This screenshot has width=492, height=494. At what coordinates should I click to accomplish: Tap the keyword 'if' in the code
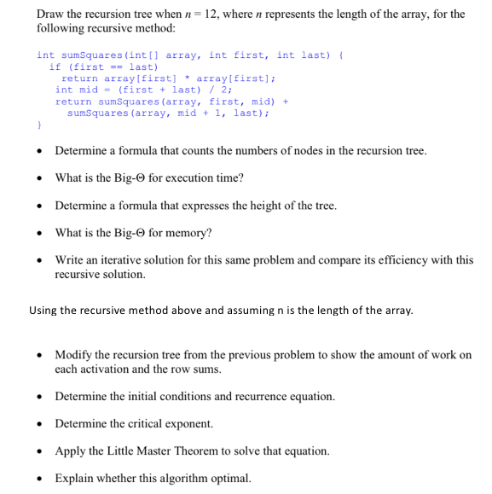(55, 67)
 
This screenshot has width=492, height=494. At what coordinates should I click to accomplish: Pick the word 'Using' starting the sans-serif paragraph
(43, 310)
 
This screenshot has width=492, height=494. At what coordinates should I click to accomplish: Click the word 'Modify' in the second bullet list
(73, 355)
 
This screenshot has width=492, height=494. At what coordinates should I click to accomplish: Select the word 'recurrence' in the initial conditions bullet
(255, 397)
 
